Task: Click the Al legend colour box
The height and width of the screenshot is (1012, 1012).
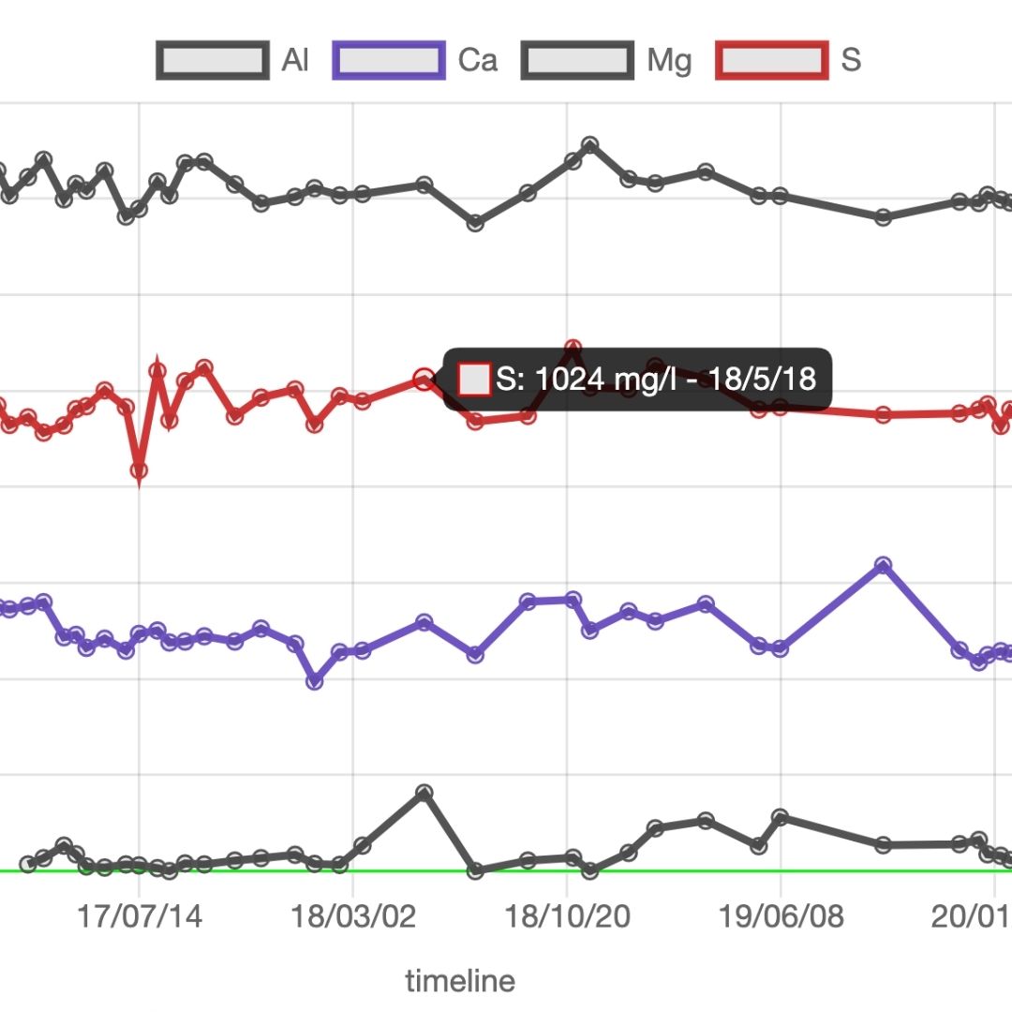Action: point(213,61)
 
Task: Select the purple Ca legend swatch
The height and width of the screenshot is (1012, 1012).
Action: point(389,61)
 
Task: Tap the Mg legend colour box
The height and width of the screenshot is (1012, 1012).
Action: point(576,61)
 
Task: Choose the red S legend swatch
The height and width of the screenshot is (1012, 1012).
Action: point(771,61)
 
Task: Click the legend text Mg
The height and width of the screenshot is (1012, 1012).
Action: point(669,61)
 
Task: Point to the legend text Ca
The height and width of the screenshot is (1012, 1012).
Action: point(477,61)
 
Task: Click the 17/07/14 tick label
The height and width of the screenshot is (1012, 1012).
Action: point(140,915)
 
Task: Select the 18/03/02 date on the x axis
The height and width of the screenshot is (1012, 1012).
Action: point(353,915)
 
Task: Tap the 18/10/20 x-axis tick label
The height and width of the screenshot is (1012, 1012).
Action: point(567,915)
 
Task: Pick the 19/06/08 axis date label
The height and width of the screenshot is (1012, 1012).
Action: point(781,915)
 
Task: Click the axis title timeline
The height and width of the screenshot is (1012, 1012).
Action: point(460,981)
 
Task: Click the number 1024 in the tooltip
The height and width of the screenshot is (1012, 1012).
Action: point(569,379)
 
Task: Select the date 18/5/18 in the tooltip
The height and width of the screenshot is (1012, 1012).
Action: point(762,379)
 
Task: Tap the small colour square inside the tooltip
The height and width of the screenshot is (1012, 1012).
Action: point(474,379)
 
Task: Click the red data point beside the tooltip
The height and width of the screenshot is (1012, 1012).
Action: point(424,379)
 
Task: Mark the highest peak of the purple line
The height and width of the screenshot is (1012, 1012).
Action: point(883,565)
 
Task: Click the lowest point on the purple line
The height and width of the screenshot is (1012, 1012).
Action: point(316,681)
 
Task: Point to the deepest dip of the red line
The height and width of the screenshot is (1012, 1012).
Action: point(139,471)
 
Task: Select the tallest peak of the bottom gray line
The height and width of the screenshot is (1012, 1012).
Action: point(424,793)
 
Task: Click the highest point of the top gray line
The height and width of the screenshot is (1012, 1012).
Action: point(590,145)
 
